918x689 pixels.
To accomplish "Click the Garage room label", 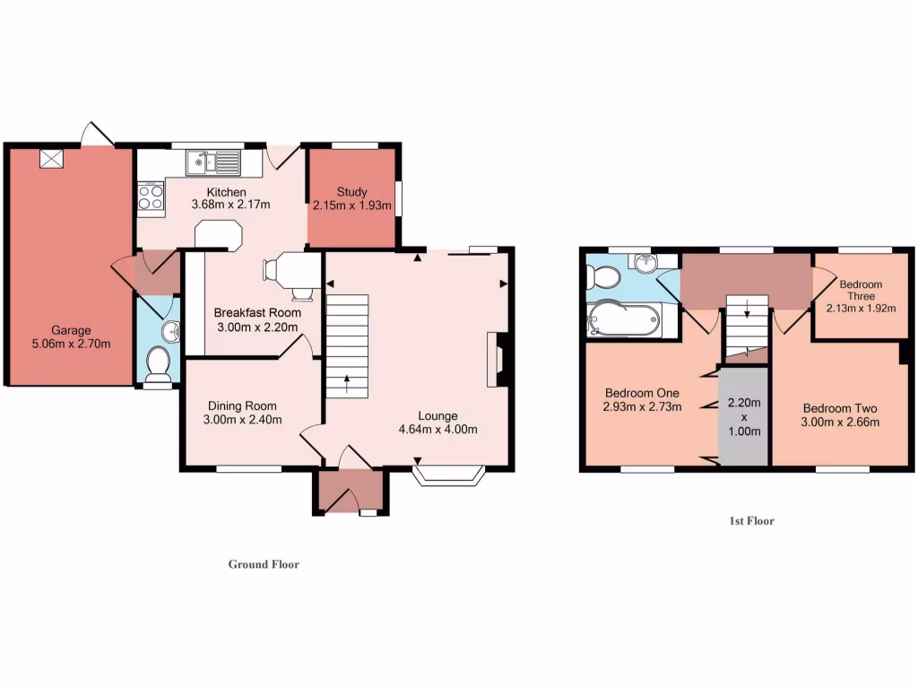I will pyautogui.click(x=70, y=330).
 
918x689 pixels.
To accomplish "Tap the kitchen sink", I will pyautogui.click(x=213, y=162).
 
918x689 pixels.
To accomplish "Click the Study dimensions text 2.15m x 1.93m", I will pyautogui.click(x=352, y=205).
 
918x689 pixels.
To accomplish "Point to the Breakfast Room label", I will pyautogui.click(x=256, y=313).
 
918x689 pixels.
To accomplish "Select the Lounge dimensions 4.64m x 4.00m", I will pyautogui.click(x=437, y=429).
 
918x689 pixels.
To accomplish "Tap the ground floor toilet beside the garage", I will pyautogui.click(x=158, y=363).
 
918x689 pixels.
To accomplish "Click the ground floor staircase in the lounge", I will pyautogui.click(x=346, y=345).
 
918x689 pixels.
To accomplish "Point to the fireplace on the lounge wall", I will pyautogui.click(x=494, y=359).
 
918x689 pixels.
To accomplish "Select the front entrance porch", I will pyautogui.click(x=351, y=493).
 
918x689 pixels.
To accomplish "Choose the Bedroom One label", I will pyautogui.click(x=642, y=393).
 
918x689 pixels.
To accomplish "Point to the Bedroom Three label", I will pyautogui.click(x=861, y=290).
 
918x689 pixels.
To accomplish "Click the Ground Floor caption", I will pyautogui.click(x=264, y=564).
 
